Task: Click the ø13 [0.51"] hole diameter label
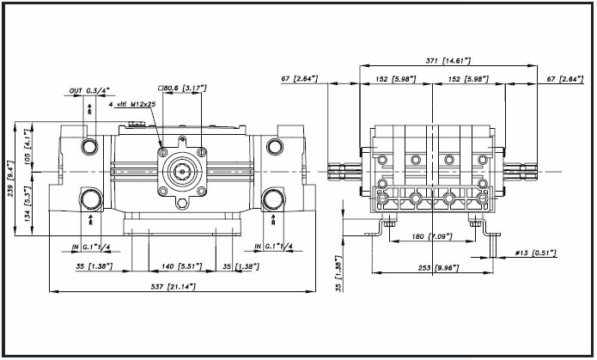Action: pyautogui.click(x=535, y=253)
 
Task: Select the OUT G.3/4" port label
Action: pyautogui.click(x=89, y=90)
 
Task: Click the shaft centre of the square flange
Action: pyautogui.click(x=181, y=169)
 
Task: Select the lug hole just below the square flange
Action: pyautogui.click(x=181, y=203)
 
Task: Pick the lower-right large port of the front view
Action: pyautogui.click(x=273, y=200)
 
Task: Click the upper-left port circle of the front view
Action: pyautogui.click(x=89, y=146)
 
